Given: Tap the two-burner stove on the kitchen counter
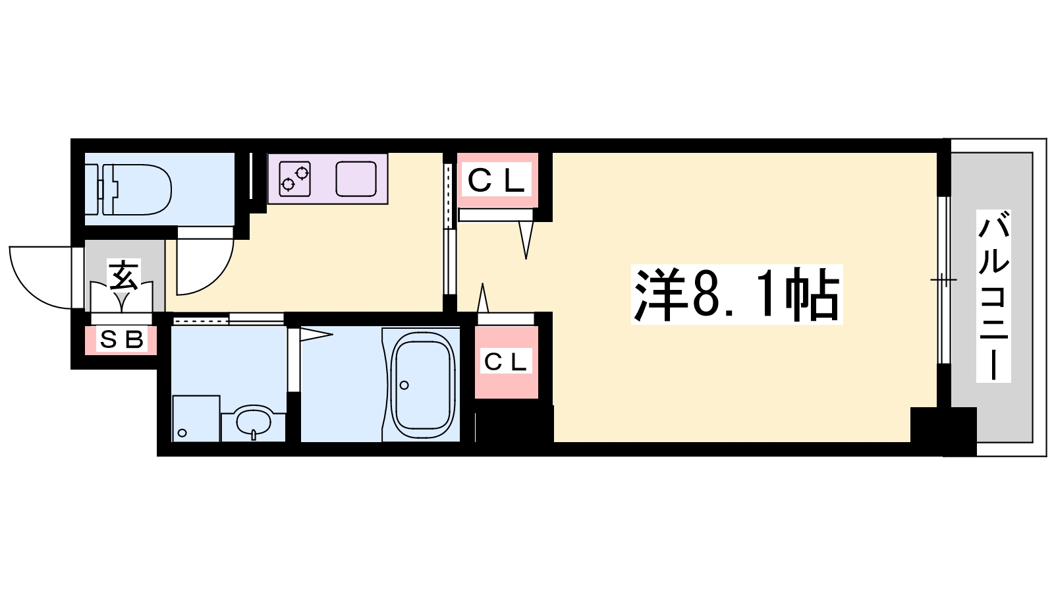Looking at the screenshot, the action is coord(295,179).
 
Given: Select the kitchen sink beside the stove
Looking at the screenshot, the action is coord(356,179).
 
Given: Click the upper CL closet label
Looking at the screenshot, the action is coord(497,180).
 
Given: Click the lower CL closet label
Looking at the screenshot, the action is coord(505,362).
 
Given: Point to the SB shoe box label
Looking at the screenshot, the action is coord(122,339).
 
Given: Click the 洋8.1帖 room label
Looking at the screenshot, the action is coord(736,295).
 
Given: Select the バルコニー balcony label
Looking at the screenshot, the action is coord(994,296).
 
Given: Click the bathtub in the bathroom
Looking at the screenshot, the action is coord(422,385).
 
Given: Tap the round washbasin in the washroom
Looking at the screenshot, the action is coord(254,421).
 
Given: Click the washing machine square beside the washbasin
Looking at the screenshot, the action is coord(196,418).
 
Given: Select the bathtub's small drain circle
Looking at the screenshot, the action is coord(404,385).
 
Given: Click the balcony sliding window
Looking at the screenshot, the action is coord(944,280).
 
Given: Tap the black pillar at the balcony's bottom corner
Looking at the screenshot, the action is coord(943,432).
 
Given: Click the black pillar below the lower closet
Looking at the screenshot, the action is coord(514,426).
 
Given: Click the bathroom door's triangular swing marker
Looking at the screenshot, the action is coord(316,335).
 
